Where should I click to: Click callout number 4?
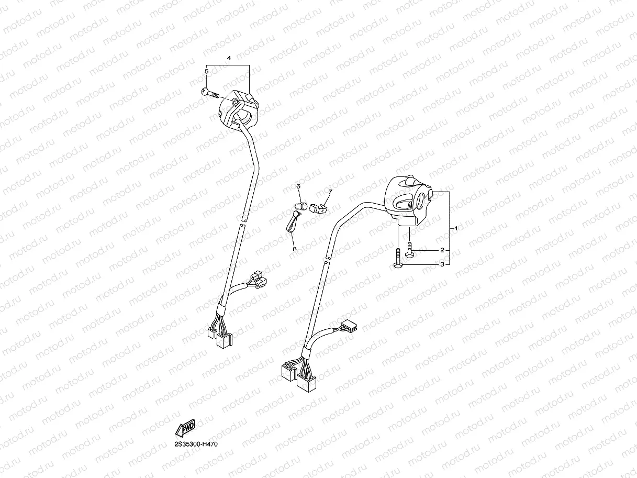[229, 58]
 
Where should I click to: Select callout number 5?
[207, 71]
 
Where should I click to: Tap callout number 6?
[298, 186]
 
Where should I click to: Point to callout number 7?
[330, 192]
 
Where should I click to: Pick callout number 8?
[294, 249]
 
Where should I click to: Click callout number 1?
[456, 229]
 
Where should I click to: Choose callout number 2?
[442, 250]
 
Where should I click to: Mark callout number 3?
[442, 265]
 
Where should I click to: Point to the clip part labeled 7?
[317, 208]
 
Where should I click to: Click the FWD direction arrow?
[185, 427]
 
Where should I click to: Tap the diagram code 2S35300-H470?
[196, 444]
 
